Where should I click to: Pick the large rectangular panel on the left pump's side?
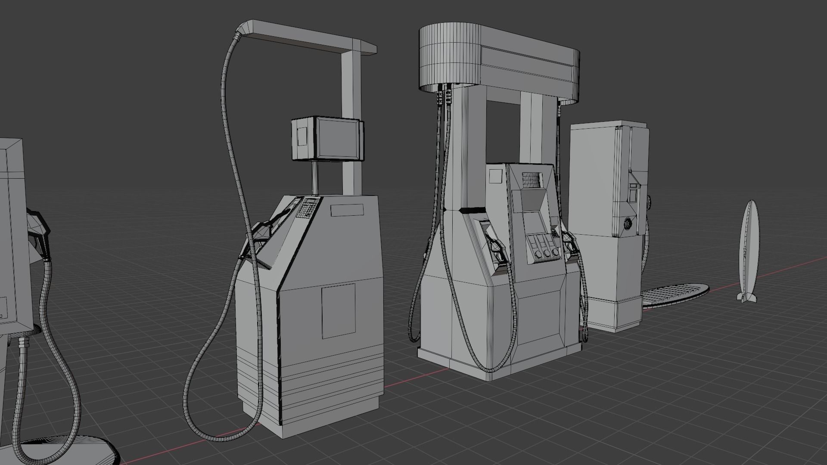point(339,310)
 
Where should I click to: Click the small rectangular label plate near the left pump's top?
point(347,210)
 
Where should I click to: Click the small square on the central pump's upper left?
point(496,175)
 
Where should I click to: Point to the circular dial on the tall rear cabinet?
point(628,223)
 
